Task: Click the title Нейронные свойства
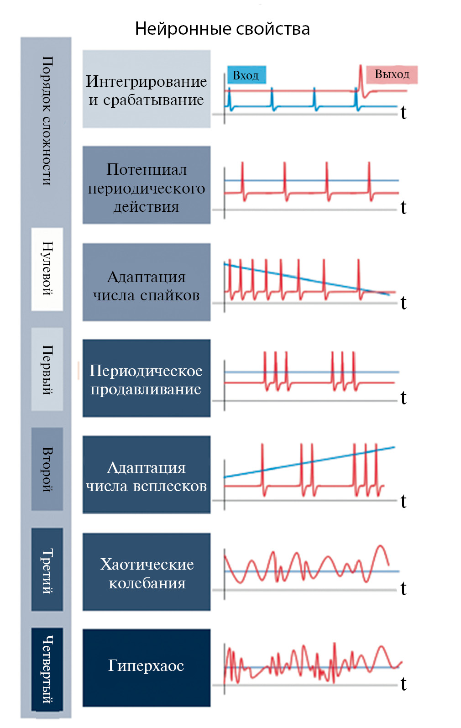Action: point(222,29)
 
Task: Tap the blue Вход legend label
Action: point(246,75)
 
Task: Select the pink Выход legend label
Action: point(392,74)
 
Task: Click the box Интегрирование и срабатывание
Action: point(146,89)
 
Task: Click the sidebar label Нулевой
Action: point(47,269)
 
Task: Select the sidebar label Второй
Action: point(47,469)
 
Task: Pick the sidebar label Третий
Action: point(47,569)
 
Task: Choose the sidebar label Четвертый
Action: point(47,669)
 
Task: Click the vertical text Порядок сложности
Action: point(47,121)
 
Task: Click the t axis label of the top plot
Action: point(403,113)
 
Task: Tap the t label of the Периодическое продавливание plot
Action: point(403,398)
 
